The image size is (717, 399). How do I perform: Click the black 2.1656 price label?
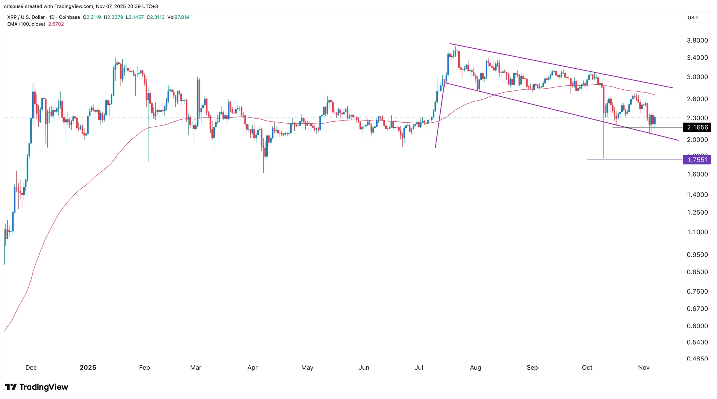pos(697,127)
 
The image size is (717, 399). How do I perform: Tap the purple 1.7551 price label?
pos(697,160)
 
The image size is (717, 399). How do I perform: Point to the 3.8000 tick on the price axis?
pos(697,40)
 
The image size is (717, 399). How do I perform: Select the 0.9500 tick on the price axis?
pos(697,255)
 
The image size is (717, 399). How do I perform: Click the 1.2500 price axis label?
pos(697,212)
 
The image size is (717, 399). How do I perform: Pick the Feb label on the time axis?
pos(145,367)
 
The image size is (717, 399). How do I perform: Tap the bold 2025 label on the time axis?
pos(88,367)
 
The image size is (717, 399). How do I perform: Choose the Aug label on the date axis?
pos(475,367)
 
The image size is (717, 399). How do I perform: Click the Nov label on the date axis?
pos(644,367)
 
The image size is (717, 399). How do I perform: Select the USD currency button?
pos(693,18)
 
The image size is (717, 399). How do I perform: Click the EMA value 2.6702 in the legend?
pos(56,24)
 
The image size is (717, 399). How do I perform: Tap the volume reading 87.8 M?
pos(181,17)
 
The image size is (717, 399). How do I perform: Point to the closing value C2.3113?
pos(156,17)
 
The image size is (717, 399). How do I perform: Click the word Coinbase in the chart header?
pos(69,17)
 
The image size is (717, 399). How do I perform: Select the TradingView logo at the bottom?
pos(36,387)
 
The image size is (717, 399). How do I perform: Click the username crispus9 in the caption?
pos(14,6)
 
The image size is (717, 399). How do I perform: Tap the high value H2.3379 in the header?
pos(113,17)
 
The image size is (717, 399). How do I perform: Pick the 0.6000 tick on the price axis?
pos(697,326)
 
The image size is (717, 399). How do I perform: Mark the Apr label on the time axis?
pos(252,367)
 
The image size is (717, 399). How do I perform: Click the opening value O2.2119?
pos(92,17)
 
